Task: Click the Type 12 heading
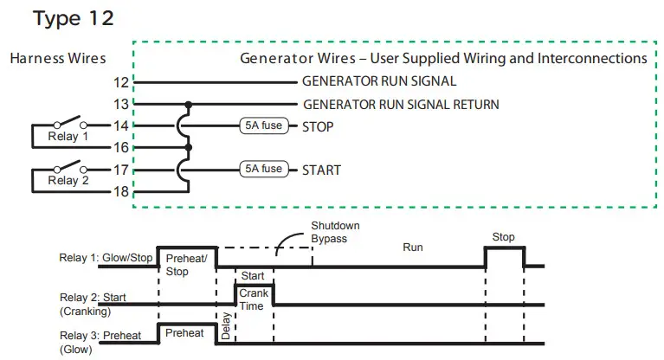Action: [x=74, y=19]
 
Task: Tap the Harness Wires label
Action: [x=58, y=58]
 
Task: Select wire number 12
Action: [x=120, y=82]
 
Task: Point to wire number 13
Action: [x=120, y=104]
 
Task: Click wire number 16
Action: [x=120, y=147]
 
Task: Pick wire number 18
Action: [x=120, y=191]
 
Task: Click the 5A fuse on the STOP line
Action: [x=263, y=125]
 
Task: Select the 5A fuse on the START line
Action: [x=263, y=169]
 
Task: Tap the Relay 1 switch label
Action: [x=68, y=137]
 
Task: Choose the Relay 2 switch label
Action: [x=68, y=180]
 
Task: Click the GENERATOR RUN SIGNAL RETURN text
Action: [x=401, y=104]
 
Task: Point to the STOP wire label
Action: [x=318, y=126]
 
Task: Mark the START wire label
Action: [x=321, y=170]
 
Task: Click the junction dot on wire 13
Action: [x=189, y=104]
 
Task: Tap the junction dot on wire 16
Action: [x=189, y=147]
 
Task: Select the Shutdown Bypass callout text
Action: [x=335, y=232]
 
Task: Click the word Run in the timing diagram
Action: [x=413, y=247]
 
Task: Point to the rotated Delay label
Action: [x=226, y=325]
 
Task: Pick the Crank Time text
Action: [x=254, y=299]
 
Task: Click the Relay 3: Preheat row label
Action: [x=100, y=336]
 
